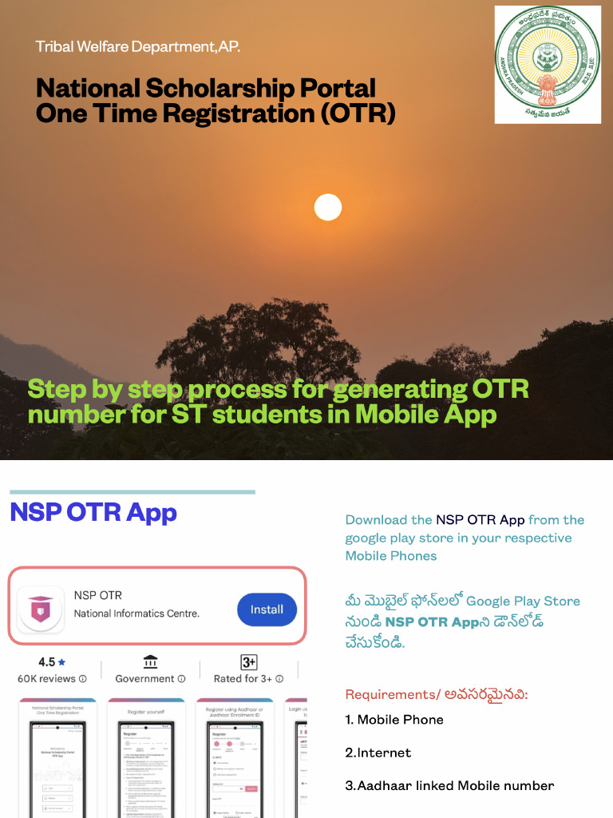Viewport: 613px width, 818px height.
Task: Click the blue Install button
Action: click(267, 610)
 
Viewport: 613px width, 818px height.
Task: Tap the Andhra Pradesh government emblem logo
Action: click(548, 64)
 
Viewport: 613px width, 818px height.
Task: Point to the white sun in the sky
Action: click(327, 207)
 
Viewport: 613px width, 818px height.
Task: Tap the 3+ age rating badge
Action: click(249, 662)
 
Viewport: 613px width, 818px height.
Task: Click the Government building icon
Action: click(150, 662)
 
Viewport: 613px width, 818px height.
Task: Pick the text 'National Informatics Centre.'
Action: click(136, 613)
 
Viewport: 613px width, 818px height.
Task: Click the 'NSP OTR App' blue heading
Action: click(93, 512)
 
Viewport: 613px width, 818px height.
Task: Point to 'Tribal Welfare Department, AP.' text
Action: click(137, 46)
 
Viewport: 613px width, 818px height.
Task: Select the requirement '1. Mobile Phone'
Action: click(394, 720)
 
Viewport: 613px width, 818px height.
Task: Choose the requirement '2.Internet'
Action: click(378, 752)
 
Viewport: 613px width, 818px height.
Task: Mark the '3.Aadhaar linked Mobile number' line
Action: click(449, 786)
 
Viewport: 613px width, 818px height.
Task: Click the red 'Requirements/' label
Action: click(390, 694)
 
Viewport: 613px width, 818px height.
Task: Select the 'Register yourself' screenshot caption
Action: click(145, 710)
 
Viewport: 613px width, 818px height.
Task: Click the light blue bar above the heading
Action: click(132, 492)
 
